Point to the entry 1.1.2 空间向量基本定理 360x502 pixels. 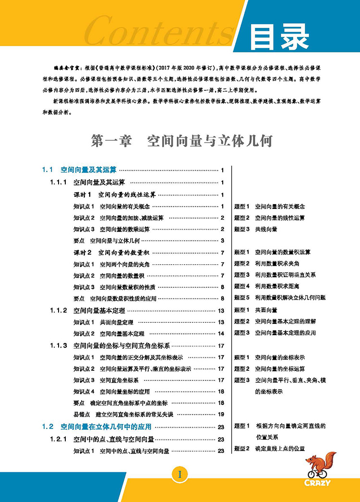click(96, 310)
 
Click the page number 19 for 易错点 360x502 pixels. click(221, 414)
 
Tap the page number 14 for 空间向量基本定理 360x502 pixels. click(221, 333)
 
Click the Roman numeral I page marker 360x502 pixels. click(180, 475)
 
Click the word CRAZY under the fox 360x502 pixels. click(317, 483)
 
